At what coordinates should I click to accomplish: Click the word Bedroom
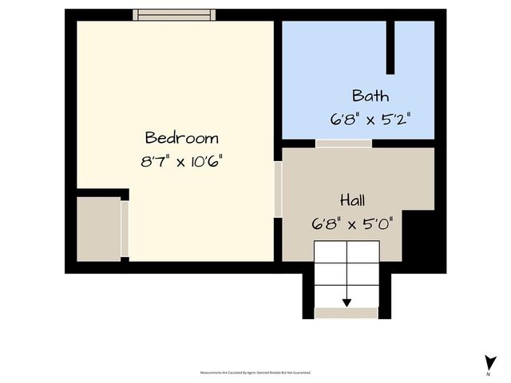point(181,137)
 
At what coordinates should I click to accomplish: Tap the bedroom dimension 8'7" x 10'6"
point(181,161)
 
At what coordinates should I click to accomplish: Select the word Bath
point(370,97)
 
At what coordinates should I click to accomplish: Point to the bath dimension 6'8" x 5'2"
point(370,120)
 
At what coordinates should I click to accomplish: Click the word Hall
point(353,199)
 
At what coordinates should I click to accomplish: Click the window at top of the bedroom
point(174,14)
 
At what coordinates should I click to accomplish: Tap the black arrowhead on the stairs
point(347,302)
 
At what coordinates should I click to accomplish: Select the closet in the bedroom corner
point(98,227)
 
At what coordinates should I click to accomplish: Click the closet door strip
point(125,229)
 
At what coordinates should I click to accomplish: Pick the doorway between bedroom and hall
point(278,189)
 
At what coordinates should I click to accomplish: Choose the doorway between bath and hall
point(343,144)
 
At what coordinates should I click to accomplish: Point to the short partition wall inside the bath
point(390,47)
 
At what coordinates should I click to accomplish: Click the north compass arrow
point(489,361)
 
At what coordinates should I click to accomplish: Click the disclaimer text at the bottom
point(255,373)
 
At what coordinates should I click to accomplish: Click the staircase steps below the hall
point(347,271)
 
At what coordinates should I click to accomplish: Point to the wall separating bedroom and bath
point(278,80)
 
